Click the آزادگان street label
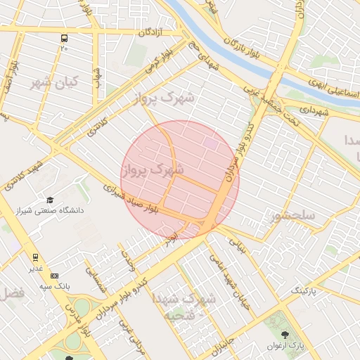tap(150, 32)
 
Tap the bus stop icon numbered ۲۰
tap(65, 39)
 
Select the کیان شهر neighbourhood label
tap(53, 82)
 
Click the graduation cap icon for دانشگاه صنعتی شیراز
tap(50, 200)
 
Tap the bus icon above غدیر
tap(35, 257)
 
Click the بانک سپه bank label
tap(71, 286)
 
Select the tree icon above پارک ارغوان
tap(284, 335)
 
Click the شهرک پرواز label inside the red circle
tap(153, 169)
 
